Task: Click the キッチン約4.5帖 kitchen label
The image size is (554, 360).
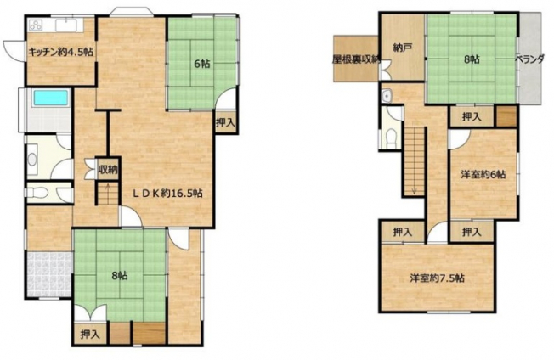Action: coord(60,53)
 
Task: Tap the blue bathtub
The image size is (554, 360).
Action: coord(50,98)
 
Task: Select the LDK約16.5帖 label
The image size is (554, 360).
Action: coord(167,193)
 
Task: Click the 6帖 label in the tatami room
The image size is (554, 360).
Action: coord(202,64)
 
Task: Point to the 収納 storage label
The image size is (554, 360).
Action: coord(108,170)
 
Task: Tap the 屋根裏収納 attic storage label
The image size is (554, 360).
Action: coord(357,59)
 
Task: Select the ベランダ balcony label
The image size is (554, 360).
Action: coord(529,59)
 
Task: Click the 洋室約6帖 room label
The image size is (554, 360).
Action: coord(483,174)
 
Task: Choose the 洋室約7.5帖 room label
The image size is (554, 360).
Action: coord(437,278)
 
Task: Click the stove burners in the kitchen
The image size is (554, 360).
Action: coord(36,25)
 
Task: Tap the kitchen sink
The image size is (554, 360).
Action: coord(66,25)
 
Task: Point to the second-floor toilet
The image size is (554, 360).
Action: coord(390,138)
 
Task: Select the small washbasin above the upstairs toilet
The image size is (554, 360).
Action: coord(386,96)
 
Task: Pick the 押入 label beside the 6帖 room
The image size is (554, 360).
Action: coord(225,122)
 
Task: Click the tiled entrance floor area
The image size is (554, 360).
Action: coord(48,274)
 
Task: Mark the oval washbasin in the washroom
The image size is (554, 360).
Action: coord(32,160)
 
